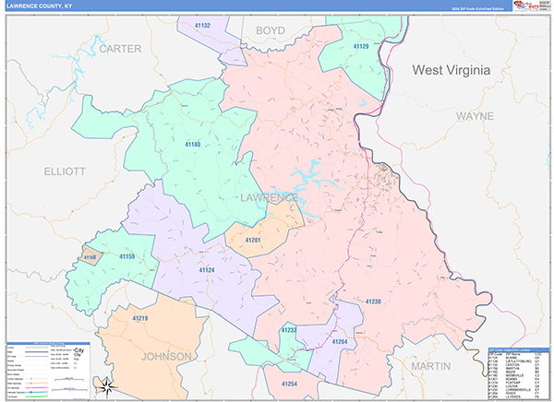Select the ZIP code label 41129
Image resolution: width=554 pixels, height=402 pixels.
point(361,46)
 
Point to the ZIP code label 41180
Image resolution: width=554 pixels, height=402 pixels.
point(192,145)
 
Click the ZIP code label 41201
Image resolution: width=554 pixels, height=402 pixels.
point(253,240)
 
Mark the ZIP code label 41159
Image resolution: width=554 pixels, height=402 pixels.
point(126,256)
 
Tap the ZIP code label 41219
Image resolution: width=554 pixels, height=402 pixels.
point(139,318)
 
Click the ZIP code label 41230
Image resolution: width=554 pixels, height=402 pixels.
point(372,301)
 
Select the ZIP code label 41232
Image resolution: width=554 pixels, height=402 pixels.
point(289,330)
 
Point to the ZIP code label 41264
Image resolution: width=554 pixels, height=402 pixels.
point(339,342)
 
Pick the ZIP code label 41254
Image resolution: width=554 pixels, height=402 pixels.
point(289,383)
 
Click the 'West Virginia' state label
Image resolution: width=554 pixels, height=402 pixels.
point(453,70)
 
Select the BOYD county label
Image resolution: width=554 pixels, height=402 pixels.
point(270,30)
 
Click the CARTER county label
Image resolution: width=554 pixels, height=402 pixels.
point(121,48)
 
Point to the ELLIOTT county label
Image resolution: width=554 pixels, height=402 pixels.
point(64,171)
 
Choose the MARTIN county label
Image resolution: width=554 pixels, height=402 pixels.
point(430,366)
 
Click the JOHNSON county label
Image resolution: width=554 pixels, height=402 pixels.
point(166,356)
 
